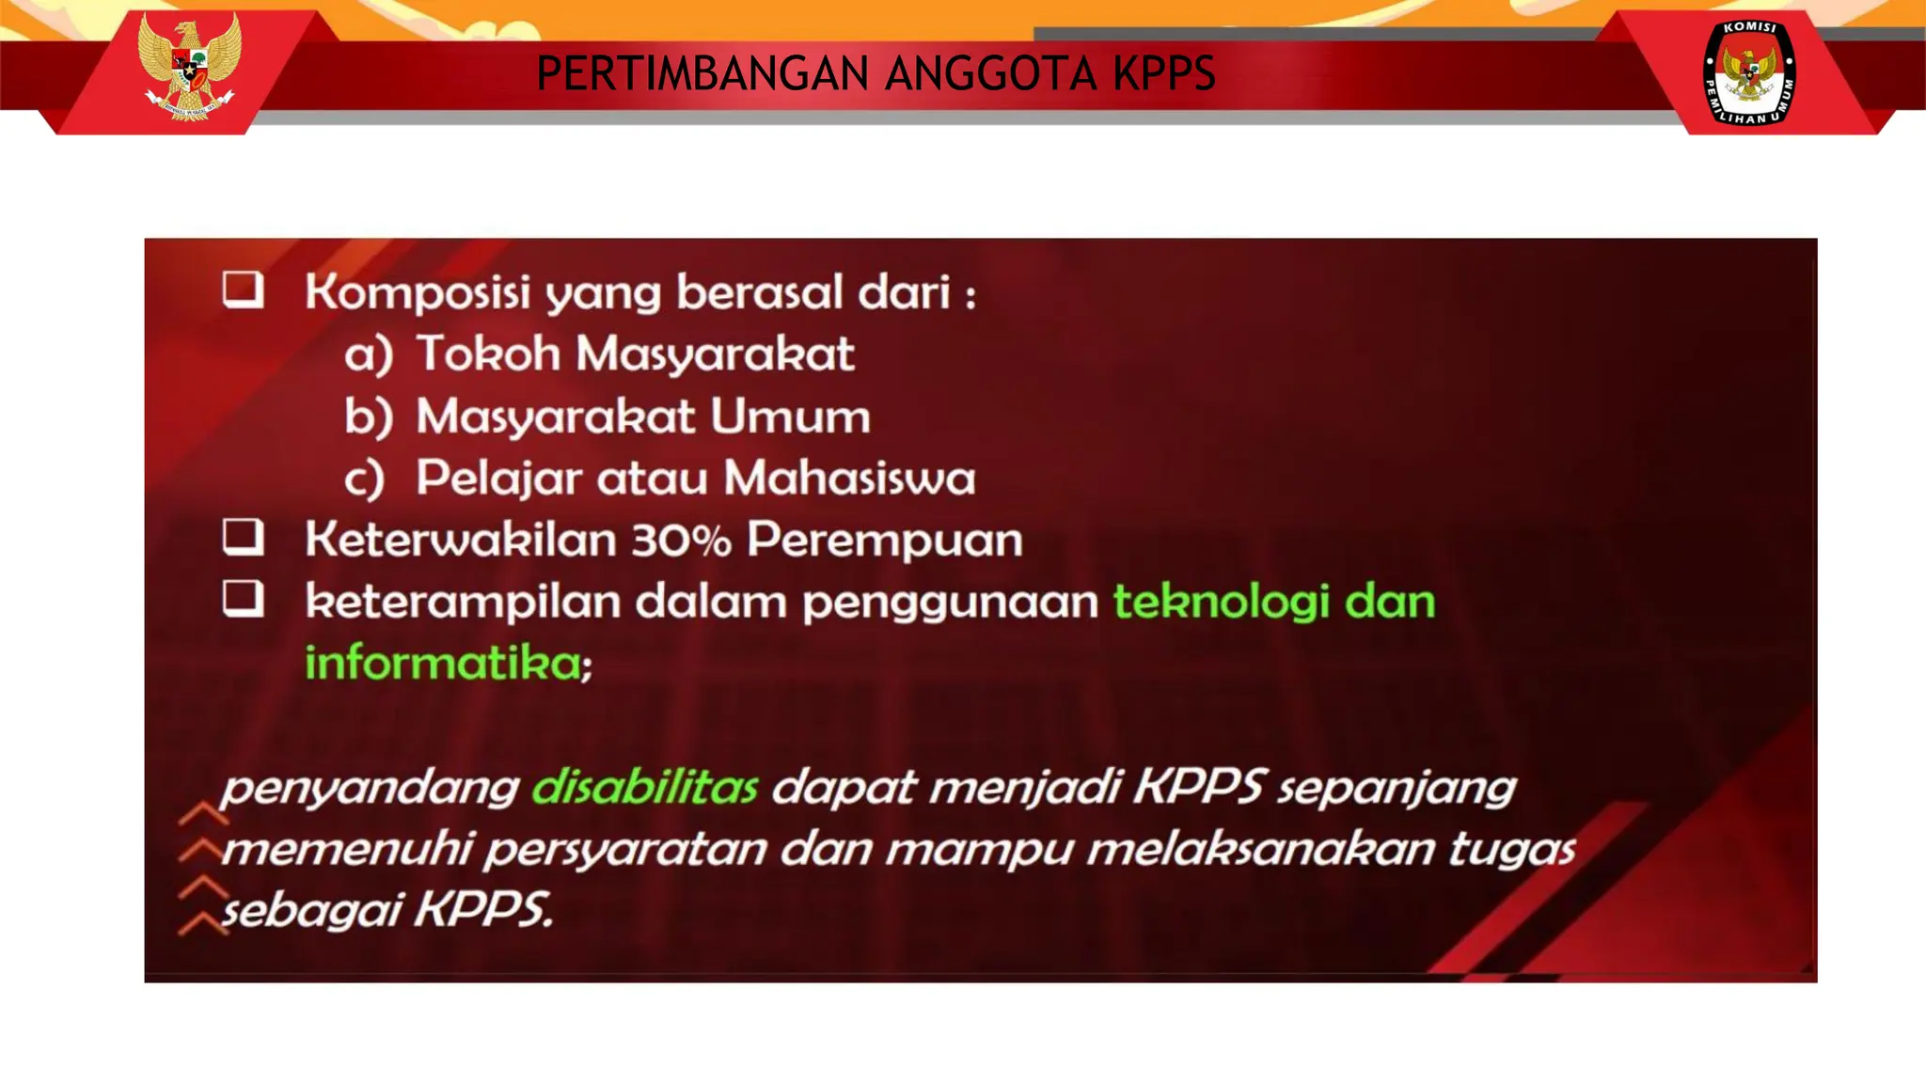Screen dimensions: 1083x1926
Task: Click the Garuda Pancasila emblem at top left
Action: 188,66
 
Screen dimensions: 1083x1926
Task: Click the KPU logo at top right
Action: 1749,72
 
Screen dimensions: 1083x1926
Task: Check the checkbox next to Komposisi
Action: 243,290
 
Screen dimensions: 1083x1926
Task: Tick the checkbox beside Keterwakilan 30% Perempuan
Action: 243,537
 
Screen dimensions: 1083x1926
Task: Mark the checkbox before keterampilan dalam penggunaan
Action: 243,599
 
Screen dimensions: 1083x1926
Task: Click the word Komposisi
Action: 418,292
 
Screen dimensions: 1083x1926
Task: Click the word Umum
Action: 790,416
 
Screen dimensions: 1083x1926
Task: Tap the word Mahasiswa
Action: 849,478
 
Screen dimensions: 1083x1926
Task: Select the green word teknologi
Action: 1221,602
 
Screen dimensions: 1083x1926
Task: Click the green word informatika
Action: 443,663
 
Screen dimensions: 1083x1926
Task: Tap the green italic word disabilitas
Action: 644,787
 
